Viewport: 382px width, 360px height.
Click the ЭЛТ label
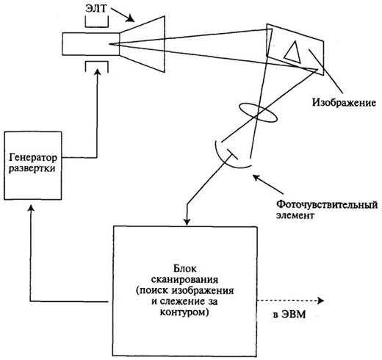96,8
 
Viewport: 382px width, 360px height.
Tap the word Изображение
344,102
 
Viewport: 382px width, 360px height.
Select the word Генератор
33,158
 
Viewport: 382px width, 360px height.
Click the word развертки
32,168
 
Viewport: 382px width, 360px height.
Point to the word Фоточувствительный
327,205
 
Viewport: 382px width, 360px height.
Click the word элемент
295,215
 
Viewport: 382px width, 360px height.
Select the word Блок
185,269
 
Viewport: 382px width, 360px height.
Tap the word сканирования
185,280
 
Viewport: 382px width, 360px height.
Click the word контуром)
184,312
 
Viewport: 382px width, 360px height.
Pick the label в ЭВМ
289,314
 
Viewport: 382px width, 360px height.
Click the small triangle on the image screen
292,52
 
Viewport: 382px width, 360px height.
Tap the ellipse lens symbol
259,112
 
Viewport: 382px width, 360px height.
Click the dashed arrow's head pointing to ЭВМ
321,300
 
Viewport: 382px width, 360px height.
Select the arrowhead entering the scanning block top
187,222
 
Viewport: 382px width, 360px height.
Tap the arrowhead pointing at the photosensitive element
256,177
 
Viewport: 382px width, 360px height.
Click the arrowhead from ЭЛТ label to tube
130,18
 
